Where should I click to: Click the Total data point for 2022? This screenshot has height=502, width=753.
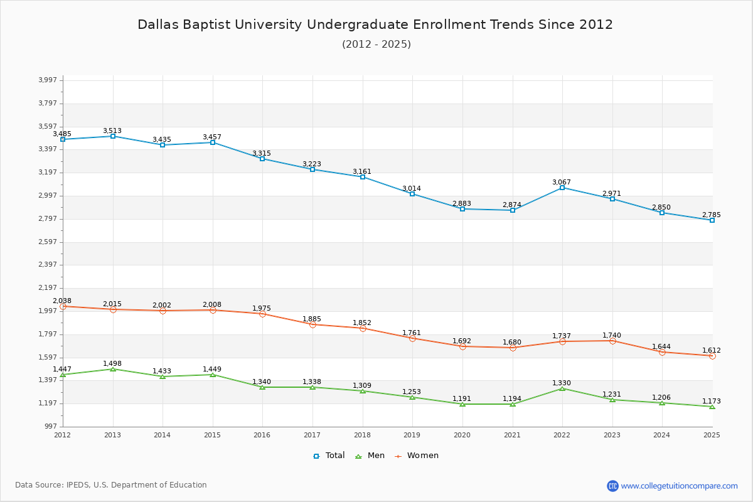point(562,188)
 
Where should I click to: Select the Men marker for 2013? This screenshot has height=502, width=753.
point(113,369)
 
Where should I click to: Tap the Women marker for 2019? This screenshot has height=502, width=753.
point(412,338)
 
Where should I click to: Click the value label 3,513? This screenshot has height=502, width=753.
point(112,131)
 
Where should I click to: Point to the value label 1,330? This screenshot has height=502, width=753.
point(562,383)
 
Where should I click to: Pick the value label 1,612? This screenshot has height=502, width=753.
point(711,350)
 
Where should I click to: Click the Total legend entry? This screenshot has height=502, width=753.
point(329,456)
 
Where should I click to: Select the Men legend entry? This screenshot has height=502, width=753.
point(370,456)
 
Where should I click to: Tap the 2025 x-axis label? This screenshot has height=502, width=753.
point(712,434)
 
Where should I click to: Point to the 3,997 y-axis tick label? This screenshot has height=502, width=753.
point(48,80)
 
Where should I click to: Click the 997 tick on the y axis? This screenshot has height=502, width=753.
point(50,427)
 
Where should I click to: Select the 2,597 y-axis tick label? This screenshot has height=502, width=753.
point(48,242)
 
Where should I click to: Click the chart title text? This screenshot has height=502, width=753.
point(375,24)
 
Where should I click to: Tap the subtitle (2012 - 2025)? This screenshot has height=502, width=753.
point(376,44)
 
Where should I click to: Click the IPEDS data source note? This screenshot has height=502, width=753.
point(111,485)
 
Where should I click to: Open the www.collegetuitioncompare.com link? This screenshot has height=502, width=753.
point(679,486)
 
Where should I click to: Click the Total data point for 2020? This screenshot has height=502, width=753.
point(462,209)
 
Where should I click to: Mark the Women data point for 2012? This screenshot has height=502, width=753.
point(63,306)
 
